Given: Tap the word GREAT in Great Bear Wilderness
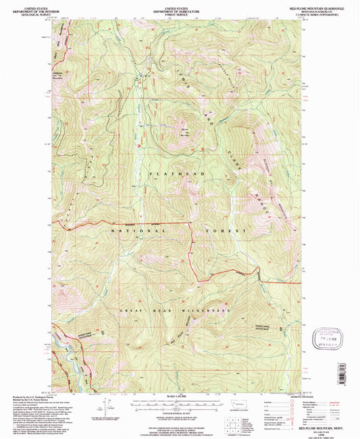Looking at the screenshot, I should point(130,310).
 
